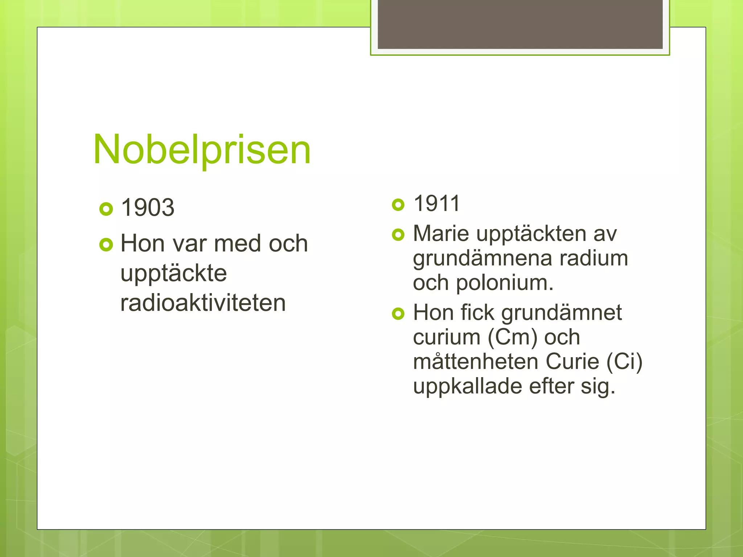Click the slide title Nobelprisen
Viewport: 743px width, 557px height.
[x=202, y=149]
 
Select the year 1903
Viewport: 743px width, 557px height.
[x=148, y=207]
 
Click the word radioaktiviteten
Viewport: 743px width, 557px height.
[x=203, y=303]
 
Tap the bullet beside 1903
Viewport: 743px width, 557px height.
[x=106, y=209]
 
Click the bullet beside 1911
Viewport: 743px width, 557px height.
[x=398, y=205]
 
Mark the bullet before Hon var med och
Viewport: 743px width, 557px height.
[x=106, y=245]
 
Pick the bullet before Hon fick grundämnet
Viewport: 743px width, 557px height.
[x=398, y=314]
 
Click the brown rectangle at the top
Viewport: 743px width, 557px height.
[x=520, y=24]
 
